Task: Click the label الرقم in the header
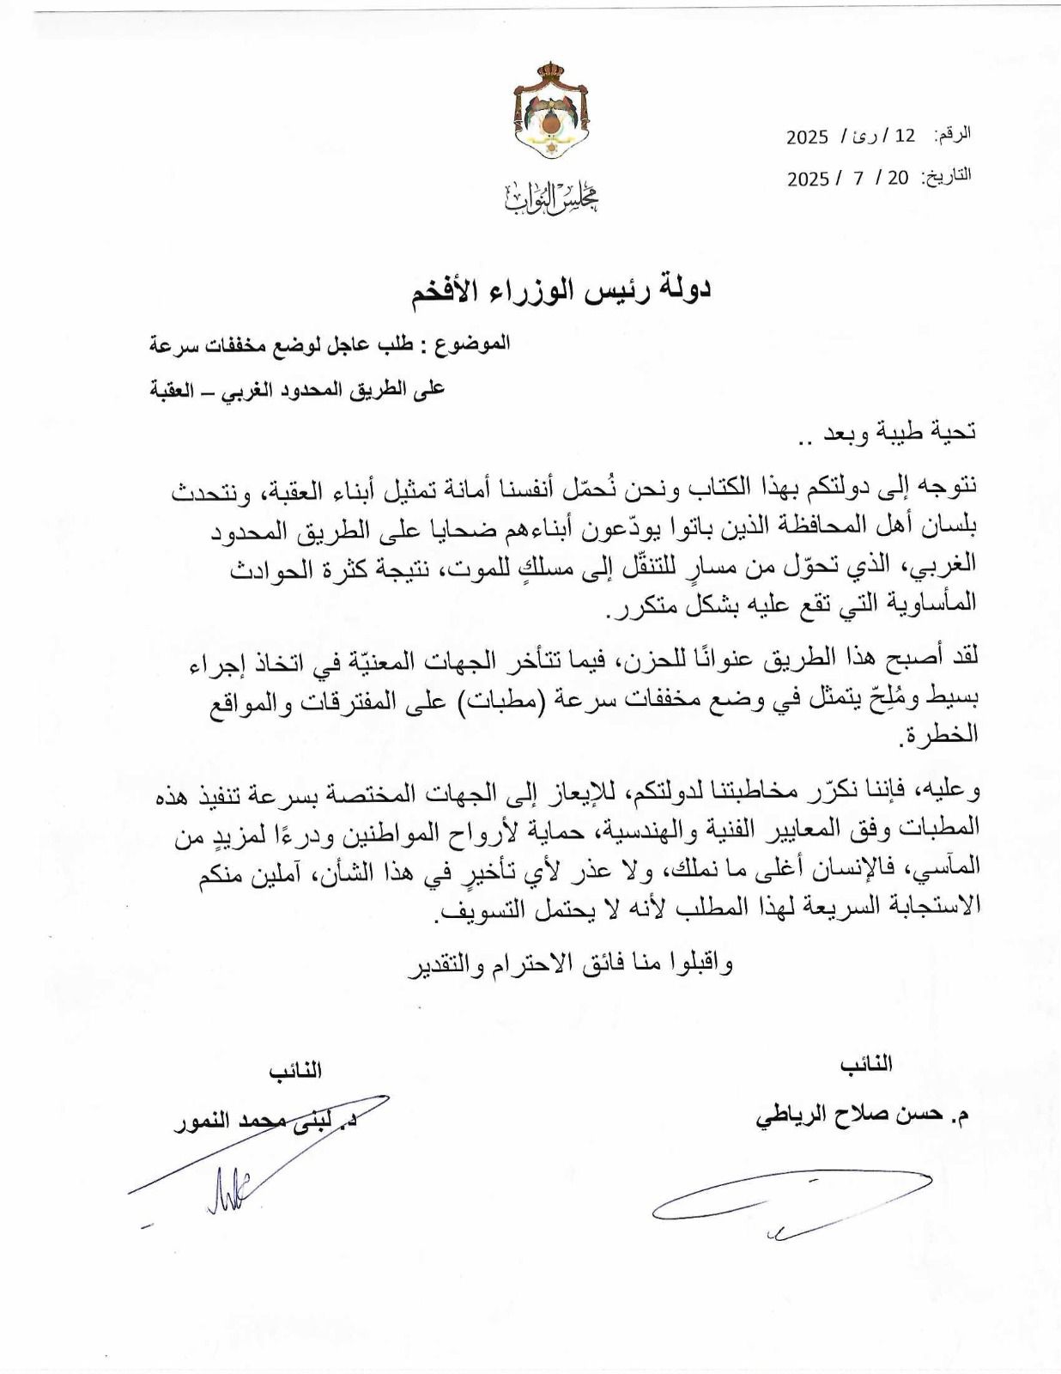point(955,134)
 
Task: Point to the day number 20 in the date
point(898,178)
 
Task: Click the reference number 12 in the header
point(905,136)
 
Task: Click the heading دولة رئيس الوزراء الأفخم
point(561,289)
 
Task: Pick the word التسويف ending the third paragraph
point(477,914)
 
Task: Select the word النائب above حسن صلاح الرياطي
point(866,1065)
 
